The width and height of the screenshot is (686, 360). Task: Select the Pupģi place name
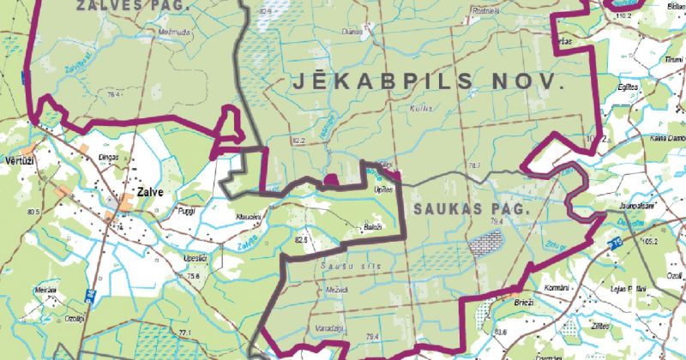click(x=186, y=210)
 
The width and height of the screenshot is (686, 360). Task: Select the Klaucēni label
click(x=247, y=218)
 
